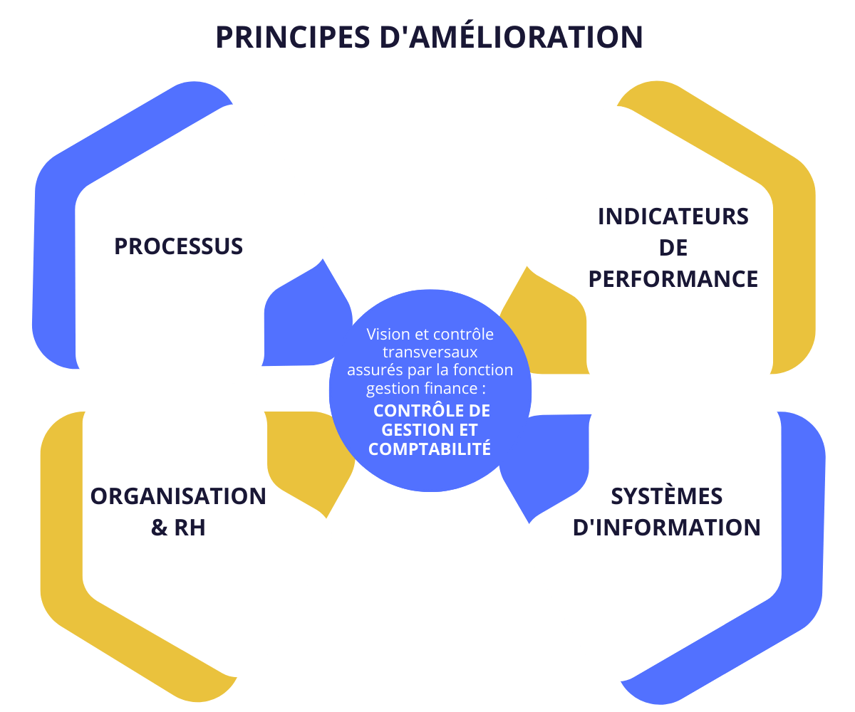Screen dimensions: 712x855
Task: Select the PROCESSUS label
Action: point(178,246)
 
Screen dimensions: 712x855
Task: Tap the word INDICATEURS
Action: point(673,216)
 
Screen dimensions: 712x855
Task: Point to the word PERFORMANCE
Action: point(673,279)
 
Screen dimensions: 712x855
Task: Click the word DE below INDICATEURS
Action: point(673,248)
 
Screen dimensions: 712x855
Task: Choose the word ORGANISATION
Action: point(178,496)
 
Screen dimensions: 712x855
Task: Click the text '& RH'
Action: point(178,528)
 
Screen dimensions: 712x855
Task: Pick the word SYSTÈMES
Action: point(667,496)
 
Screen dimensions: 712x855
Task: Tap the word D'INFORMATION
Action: point(667,528)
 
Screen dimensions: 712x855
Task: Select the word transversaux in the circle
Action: point(430,352)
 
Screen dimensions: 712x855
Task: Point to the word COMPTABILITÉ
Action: point(430,449)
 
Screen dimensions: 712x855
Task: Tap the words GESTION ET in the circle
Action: point(430,430)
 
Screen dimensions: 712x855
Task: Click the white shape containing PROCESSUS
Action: point(178,313)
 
